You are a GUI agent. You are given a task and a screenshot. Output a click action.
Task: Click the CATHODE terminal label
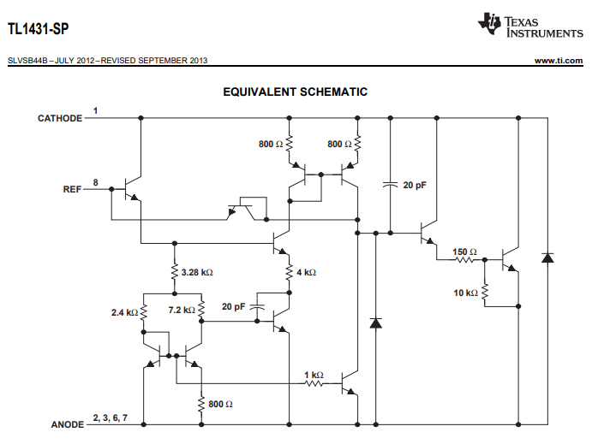(x=59, y=118)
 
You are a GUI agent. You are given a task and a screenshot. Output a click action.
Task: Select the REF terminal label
(x=72, y=188)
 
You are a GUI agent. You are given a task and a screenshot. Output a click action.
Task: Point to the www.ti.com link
(x=559, y=61)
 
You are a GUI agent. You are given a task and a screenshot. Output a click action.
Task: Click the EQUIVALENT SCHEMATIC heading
(x=296, y=92)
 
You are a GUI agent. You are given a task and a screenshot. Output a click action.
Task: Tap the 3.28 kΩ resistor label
(x=197, y=273)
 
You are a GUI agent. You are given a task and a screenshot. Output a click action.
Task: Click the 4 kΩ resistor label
(x=306, y=273)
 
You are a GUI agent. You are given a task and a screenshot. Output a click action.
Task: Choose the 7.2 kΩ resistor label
(x=181, y=309)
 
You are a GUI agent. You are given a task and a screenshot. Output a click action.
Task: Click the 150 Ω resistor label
(x=464, y=252)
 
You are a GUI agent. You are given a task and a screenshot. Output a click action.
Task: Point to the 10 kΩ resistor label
(x=466, y=293)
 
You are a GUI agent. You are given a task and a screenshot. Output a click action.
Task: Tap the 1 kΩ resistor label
(x=314, y=375)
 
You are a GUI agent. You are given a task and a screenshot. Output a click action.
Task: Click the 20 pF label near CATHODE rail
(x=415, y=185)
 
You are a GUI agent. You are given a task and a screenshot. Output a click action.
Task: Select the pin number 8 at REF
(x=95, y=182)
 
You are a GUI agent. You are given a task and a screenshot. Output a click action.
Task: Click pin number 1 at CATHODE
(x=95, y=111)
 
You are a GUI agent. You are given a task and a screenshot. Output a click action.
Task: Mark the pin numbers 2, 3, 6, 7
(x=109, y=417)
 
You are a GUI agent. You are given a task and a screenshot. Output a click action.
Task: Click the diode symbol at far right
(x=547, y=258)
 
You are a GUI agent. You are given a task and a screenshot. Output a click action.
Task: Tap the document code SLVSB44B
(x=27, y=61)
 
